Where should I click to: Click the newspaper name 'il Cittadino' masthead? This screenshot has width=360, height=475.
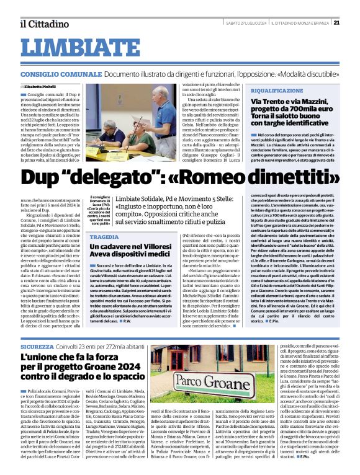click(x=43, y=24)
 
